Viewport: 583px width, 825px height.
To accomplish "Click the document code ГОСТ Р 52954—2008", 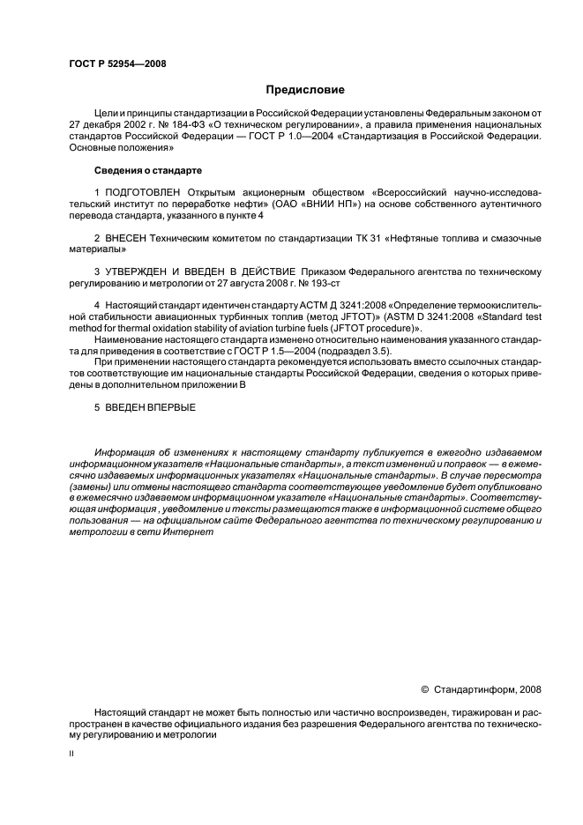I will [x=117, y=63].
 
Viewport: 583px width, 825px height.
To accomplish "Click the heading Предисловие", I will [x=306, y=90].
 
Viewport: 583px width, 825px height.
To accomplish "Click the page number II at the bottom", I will [x=71, y=754].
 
